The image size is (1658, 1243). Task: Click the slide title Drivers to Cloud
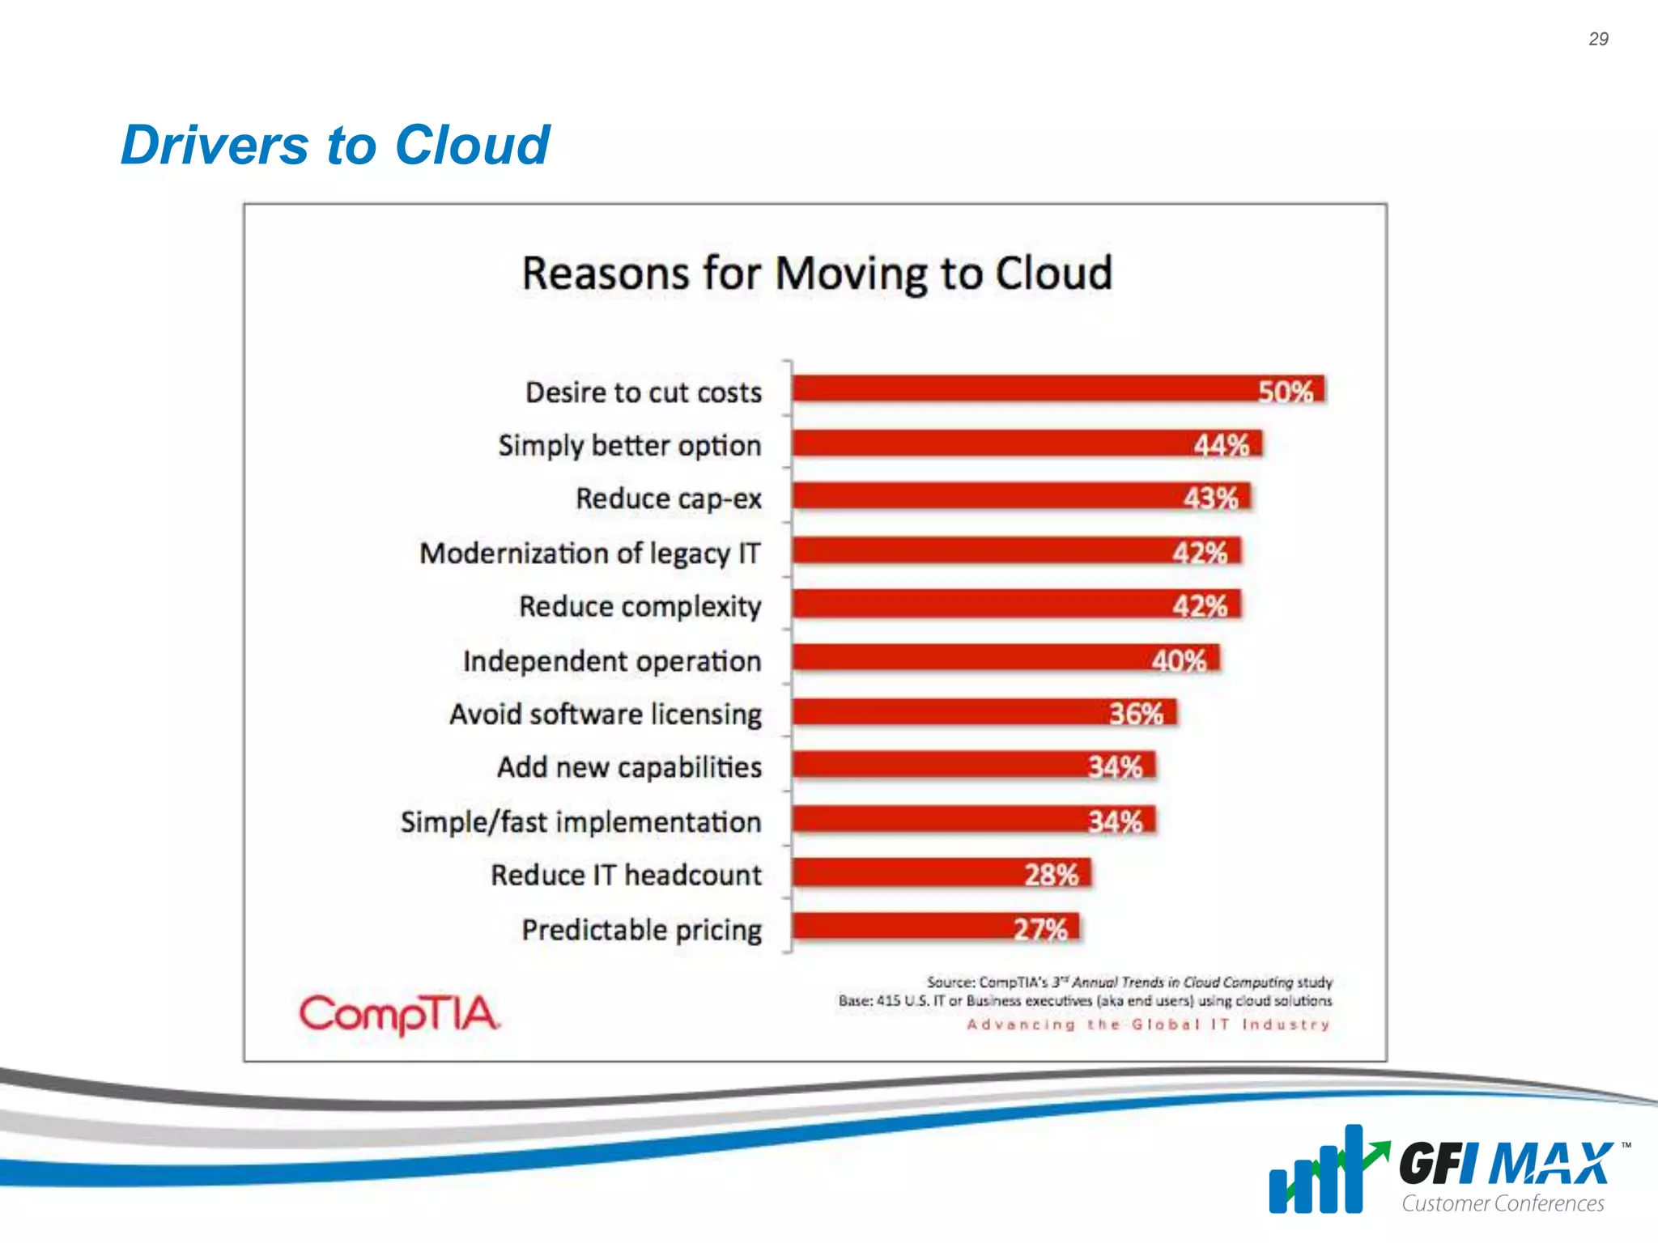(335, 146)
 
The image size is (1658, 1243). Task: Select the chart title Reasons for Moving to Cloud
(817, 274)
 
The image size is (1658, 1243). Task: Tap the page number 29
(1598, 39)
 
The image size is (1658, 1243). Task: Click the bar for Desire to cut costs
(1020, 389)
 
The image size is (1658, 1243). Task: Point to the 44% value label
(1221, 445)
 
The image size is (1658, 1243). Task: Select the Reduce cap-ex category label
(669, 498)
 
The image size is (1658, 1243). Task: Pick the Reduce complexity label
(640, 606)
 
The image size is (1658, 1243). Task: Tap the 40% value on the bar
(1179, 660)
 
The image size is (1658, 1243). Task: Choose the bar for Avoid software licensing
(947, 713)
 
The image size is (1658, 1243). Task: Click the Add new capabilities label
(629, 767)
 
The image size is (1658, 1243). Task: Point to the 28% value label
(1051, 875)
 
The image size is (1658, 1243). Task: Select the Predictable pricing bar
(899, 927)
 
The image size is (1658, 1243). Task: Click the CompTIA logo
(399, 1013)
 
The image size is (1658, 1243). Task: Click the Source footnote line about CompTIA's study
(1129, 982)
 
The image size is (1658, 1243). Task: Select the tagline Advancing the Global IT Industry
(1148, 1025)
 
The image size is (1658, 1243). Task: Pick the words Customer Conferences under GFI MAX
(1503, 1204)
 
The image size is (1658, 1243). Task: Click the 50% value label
(1285, 392)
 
